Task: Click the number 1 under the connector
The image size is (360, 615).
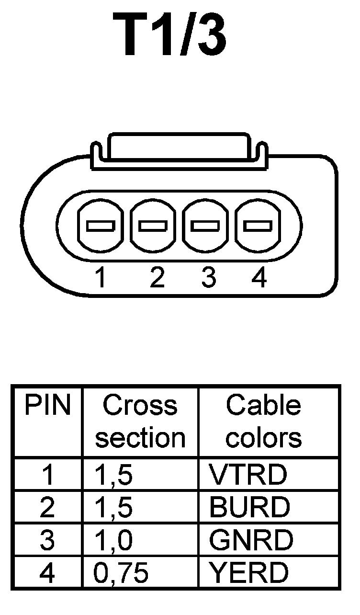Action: (x=101, y=278)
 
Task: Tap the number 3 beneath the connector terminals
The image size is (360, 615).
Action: (x=208, y=278)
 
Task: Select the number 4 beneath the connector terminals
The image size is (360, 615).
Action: (x=259, y=278)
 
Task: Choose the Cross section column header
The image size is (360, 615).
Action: (x=140, y=421)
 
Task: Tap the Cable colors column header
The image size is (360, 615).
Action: (x=264, y=421)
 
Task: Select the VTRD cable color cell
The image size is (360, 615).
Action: (x=248, y=474)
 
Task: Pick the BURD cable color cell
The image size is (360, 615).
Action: (x=249, y=507)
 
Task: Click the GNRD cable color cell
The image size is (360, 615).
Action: (x=251, y=540)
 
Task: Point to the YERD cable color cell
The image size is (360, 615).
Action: (x=249, y=572)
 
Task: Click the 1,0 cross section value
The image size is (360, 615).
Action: (x=114, y=540)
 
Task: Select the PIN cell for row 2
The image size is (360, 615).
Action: (x=47, y=507)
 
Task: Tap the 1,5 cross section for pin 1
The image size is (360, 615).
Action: (x=114, y=474)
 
